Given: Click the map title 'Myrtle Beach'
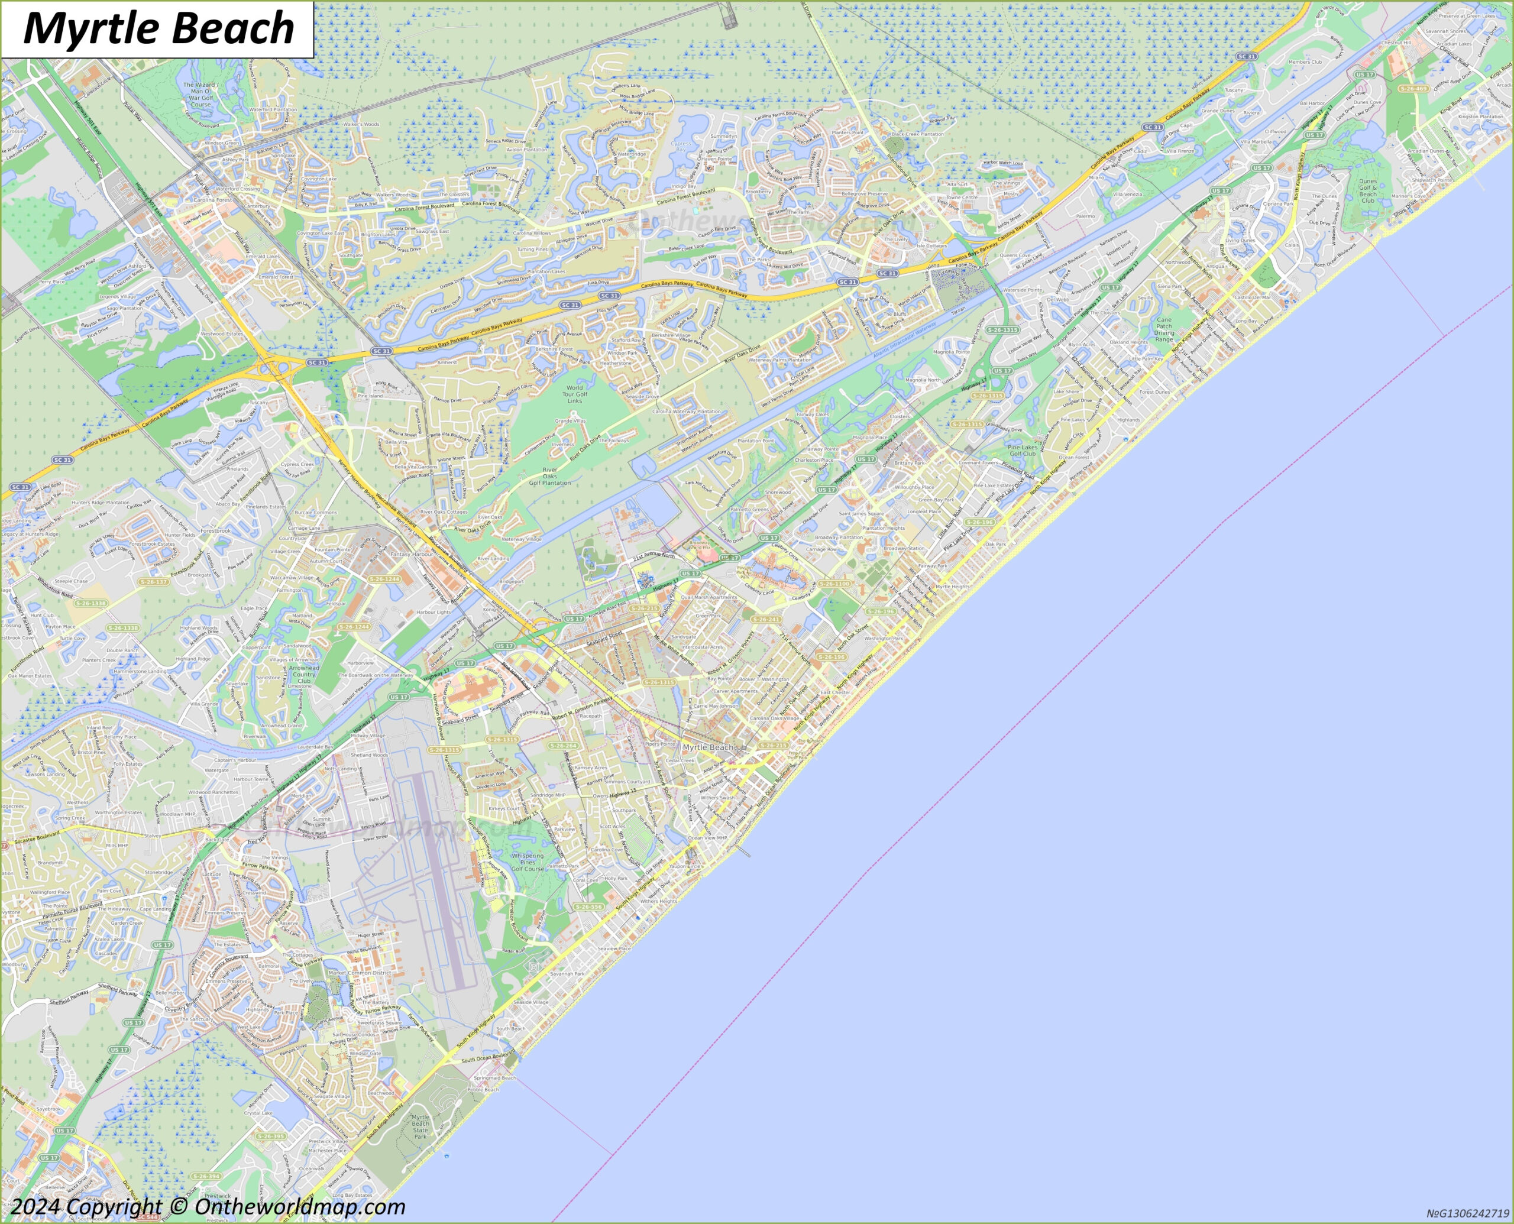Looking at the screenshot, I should [158, 28].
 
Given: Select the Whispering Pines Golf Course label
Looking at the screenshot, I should [528, 862].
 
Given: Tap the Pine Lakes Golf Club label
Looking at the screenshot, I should [1022, 451].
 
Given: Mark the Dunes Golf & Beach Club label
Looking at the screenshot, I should [1367, 190].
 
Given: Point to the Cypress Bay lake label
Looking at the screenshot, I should [681, 146].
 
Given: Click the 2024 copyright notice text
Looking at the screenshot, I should [208, 1206].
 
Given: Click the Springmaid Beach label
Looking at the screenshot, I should [495, 1077].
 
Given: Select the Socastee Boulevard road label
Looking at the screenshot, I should [37, 838].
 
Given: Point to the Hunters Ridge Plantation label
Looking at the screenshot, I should [100, 502].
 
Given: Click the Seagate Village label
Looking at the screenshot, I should [331, 1096].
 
